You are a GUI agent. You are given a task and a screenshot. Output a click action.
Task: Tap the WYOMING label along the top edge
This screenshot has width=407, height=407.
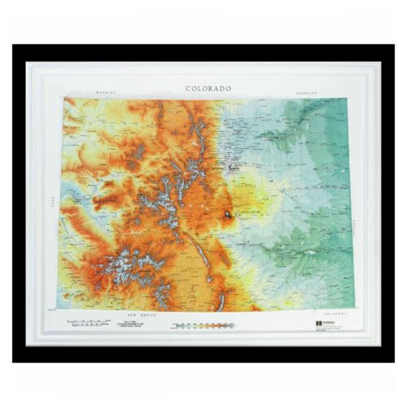coord(107,93)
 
